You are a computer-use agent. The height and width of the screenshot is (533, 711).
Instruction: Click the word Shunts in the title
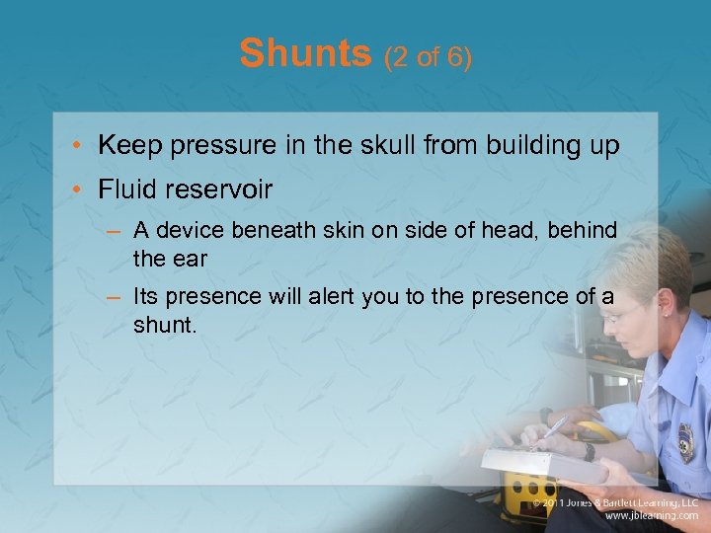tap(304, 53)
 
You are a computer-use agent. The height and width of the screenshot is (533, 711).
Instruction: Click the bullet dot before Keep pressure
tap(80, 147)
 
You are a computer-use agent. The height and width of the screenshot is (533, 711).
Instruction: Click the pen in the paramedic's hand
tap(555, 426)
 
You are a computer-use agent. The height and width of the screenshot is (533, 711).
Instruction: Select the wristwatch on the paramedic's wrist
tap(590, 451)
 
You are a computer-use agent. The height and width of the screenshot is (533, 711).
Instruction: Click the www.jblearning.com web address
tap(651, 516)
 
